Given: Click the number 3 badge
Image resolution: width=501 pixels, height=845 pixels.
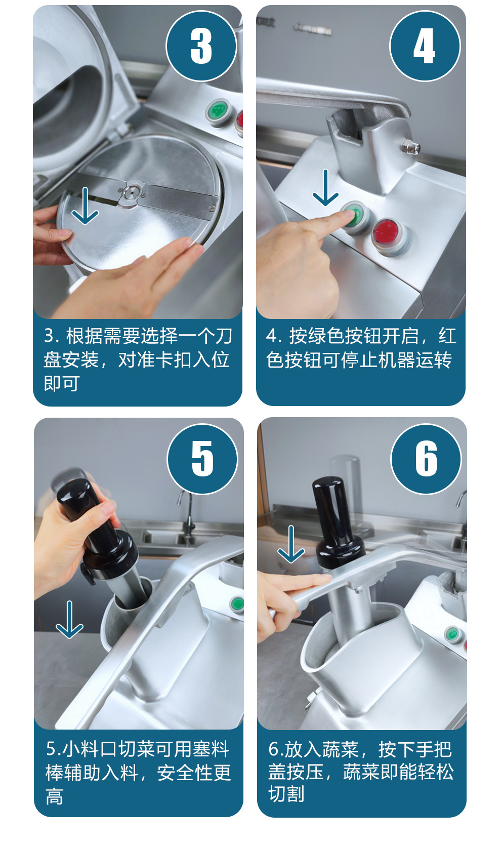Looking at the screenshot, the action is (201, 46).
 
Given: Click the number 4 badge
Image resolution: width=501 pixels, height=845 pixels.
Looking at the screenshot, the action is (425, 46).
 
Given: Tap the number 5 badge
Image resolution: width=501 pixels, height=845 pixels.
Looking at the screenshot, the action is (202, 459).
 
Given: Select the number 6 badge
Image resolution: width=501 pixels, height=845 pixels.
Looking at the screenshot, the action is (426, 459).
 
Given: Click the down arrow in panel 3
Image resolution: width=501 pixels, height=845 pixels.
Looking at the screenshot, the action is (85, 206).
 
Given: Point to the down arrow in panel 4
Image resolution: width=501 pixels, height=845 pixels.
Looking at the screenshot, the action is (325, 187).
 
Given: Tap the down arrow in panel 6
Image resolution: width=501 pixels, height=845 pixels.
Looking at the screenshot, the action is (291, 544).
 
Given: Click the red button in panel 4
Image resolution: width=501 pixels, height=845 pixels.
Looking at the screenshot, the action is (390, 233).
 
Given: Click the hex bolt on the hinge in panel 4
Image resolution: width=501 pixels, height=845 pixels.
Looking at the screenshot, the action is (410, 146).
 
